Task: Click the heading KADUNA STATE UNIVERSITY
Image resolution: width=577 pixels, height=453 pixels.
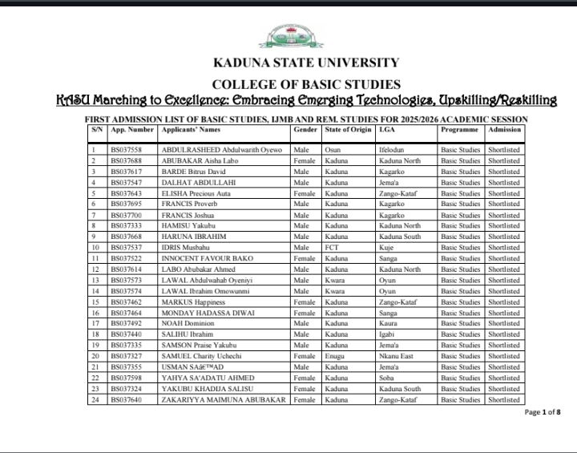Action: [x=305, y=63]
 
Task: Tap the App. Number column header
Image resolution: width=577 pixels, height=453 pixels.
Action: [x=131, y=129]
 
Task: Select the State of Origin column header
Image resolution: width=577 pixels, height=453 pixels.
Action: [x=349, y=129]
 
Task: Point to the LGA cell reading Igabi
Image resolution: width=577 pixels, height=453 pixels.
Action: [x=387, y=333]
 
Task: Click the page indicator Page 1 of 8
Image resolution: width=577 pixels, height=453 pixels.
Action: [x=543, y=412]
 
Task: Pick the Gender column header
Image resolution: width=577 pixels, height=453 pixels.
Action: [x=305, y=129]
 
